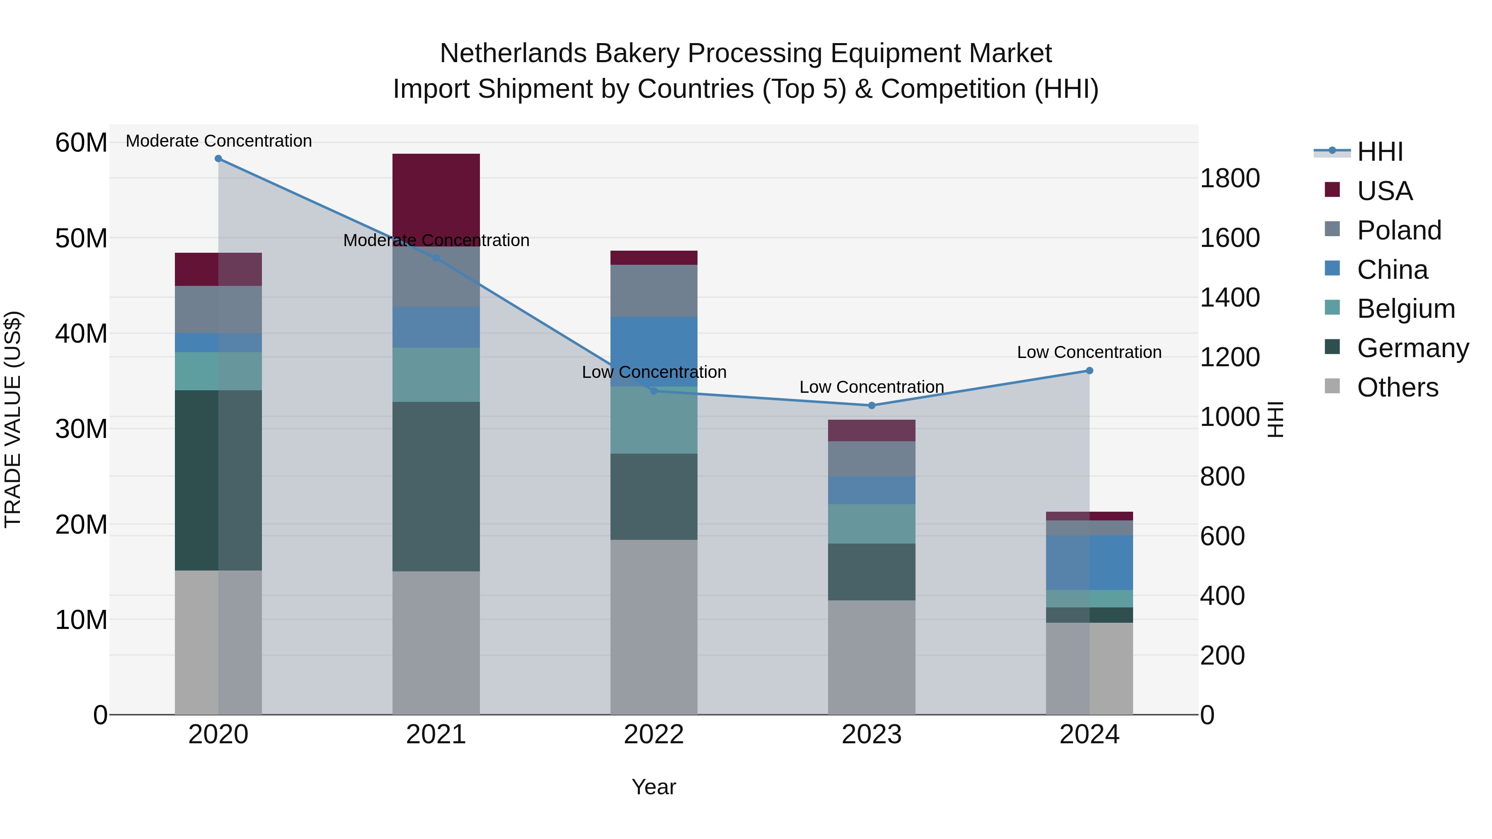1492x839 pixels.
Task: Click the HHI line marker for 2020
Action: (x=218, y=159)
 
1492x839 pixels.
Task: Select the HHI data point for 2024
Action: (x=1090, y=370)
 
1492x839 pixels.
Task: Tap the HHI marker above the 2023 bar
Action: (x=872, y=405)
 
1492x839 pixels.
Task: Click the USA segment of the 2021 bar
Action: (x=436, y=197)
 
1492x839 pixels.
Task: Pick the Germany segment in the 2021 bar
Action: (x=436, y=486)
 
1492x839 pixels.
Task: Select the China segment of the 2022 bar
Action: (x=654, y=351)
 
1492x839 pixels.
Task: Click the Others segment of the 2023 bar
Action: (x=872, y=657)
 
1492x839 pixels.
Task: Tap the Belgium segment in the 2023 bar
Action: (x=872, y=523)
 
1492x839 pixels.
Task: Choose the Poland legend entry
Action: (x=1399, y=230)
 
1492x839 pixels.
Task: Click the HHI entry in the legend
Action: (x=1380, y=152)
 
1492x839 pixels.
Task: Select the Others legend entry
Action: (x=1397, y=387)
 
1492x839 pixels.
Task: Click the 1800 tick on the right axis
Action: (x=1229, y=178)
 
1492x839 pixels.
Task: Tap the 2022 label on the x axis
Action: (x=654, y=735)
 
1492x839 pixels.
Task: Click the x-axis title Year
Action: (x=654, y=787)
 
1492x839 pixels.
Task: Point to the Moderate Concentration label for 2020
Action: (x=218, y=141)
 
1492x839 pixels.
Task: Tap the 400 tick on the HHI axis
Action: (x=1222, y=596)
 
